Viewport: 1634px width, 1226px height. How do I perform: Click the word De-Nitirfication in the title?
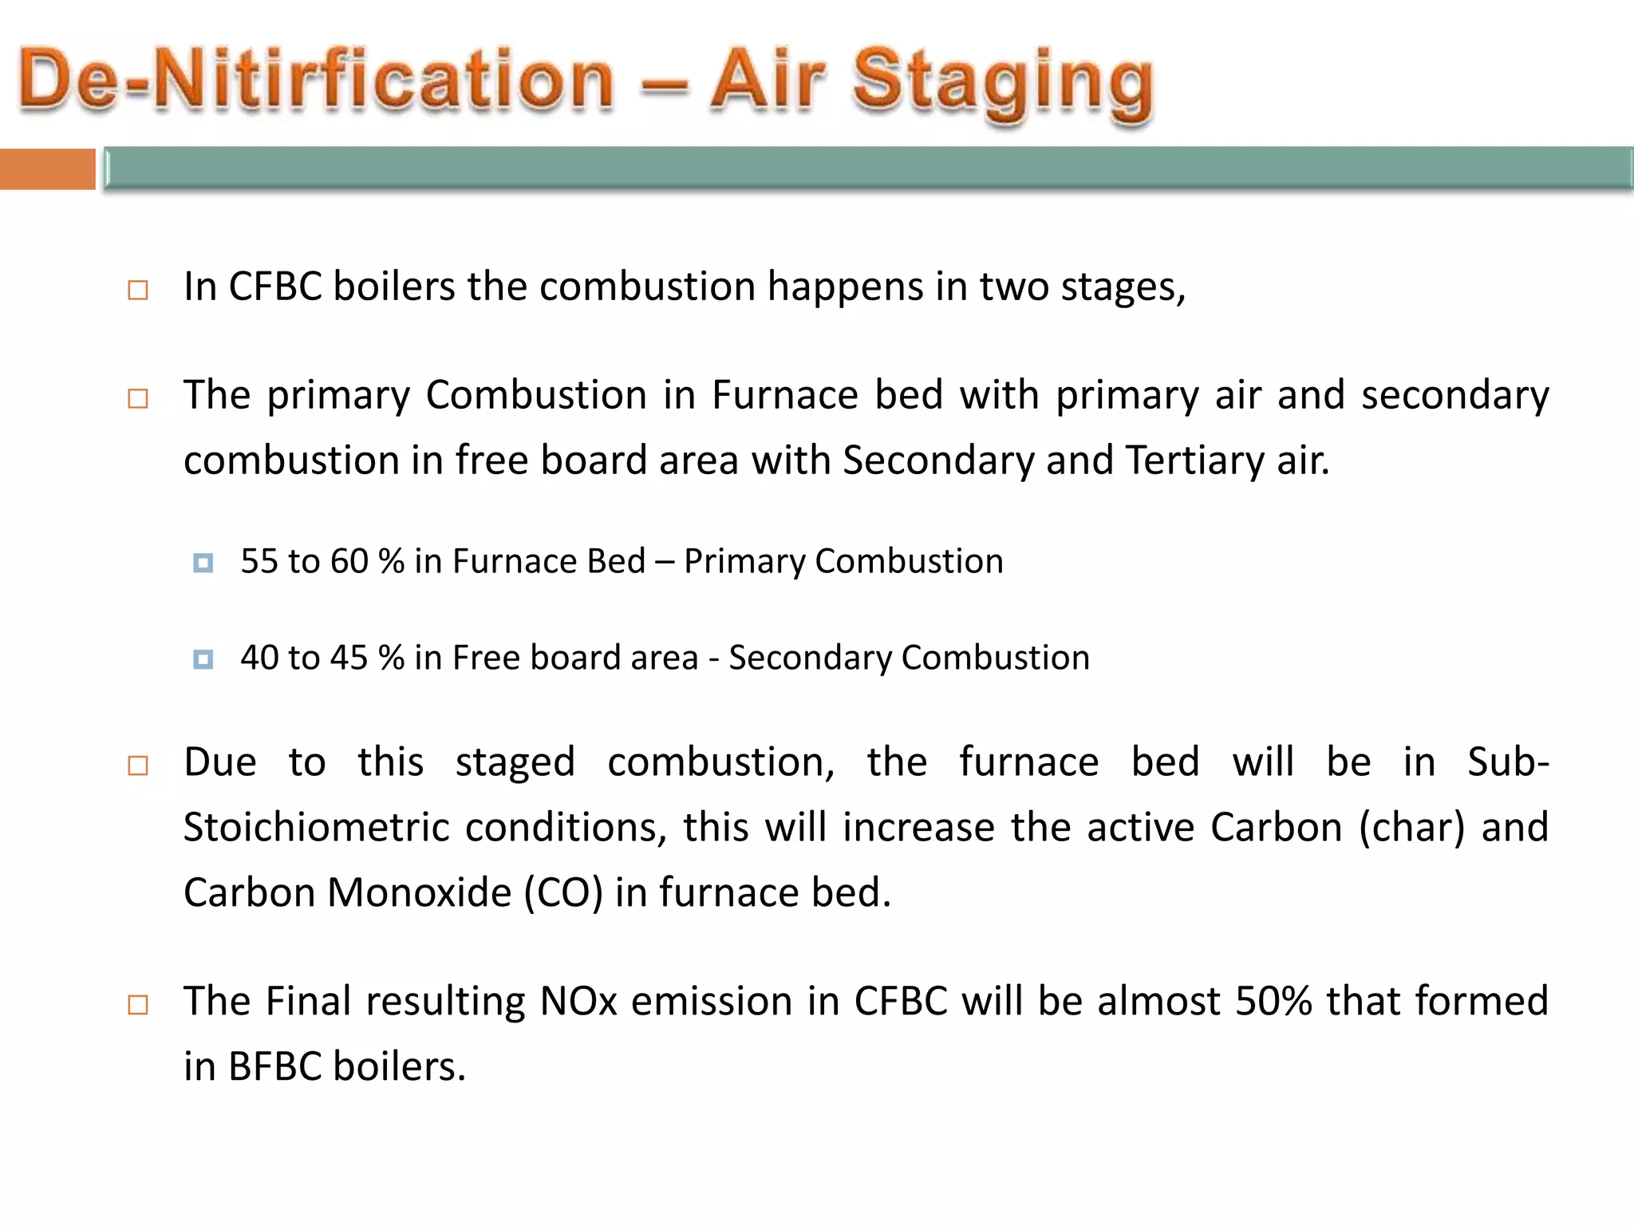tap(316, 80)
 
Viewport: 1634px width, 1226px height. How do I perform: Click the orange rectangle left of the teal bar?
tap(47, 169)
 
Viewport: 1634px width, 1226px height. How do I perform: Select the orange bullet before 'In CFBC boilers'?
tap(138, 290)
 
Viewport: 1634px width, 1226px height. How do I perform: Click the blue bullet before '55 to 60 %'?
tap(203, 564)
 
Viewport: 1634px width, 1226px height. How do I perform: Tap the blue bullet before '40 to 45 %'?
tap(203, 659)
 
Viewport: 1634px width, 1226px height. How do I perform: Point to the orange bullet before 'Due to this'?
tap(138, 766)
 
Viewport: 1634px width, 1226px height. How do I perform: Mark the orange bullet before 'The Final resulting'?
tap(138, 1005)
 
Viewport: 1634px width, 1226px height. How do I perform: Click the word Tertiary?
tap(1194, 461)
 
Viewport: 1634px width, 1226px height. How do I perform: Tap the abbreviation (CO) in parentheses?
tap(562, 893)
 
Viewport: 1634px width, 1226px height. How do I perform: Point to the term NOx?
tap(578, 1002)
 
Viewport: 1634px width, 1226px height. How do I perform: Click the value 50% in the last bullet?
tap(1273, 1002)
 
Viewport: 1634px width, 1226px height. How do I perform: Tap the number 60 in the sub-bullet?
tap(349, 562)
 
